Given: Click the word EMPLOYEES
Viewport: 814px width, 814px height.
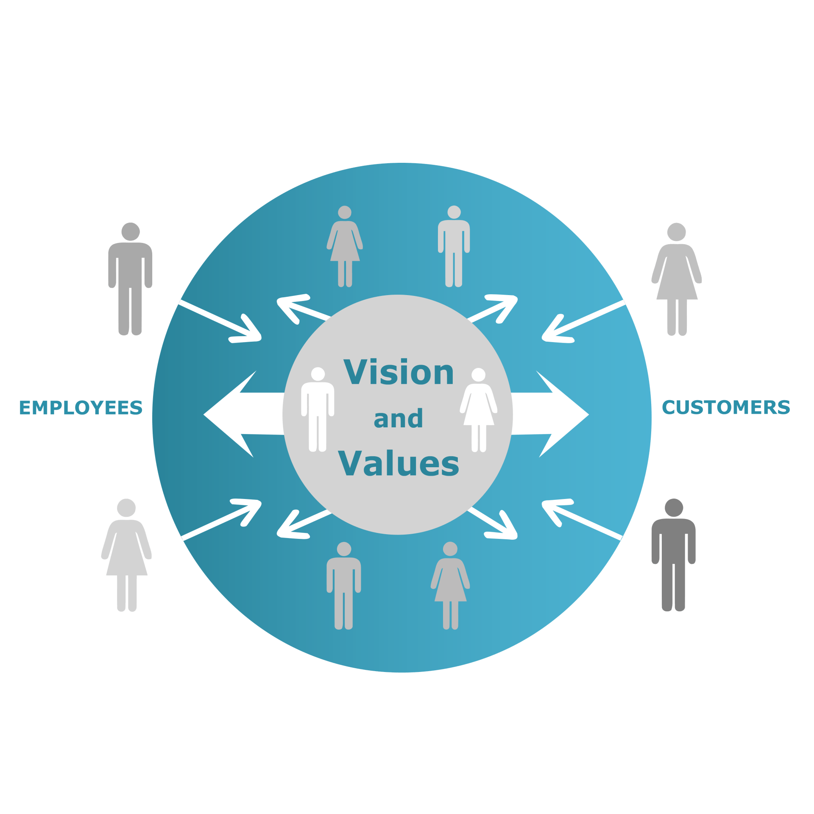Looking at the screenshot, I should [x=81, y=408].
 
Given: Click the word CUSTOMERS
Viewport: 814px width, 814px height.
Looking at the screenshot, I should [x=726, y=407].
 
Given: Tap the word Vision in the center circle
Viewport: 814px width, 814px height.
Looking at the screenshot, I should [x=399, y=372].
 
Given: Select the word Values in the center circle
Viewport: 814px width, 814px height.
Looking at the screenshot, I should [x=399, y=463].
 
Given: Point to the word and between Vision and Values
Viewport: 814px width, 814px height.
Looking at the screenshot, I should [x=398, y=419].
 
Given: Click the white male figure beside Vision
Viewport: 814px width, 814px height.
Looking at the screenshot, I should [x=318, y=411].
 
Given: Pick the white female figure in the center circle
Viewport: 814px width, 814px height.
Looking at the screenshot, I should [x=478, y=411].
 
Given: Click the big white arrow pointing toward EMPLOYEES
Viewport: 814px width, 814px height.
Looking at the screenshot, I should [x=242, y=414].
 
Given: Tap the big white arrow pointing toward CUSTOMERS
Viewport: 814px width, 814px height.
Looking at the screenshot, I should [x=551, y=414].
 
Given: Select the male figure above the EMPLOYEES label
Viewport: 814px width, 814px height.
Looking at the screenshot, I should [x=130, y=280].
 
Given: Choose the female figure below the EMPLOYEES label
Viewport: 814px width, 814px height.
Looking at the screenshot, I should [x=126, y=555].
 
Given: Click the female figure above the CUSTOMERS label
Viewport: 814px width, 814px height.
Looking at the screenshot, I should [x=677, y=280].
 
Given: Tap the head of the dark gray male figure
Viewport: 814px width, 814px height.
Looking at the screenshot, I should [x=674, y=507].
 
